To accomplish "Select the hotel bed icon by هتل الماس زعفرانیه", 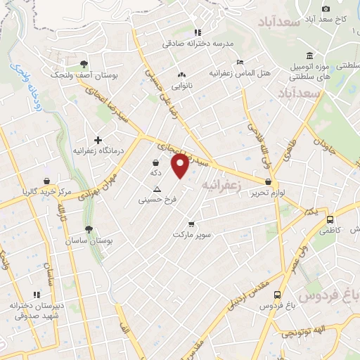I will pos(240,62).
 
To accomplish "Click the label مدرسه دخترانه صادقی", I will pos(187,43).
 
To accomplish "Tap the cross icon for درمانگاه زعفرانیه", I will pos(98,139).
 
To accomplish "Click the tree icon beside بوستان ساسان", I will pos(89,229).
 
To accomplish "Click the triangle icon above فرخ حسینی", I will pos(157,189).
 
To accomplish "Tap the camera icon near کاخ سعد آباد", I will pos(326,8).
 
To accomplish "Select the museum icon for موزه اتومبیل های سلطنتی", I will pos(309,56).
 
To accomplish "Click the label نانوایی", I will pos(183,85).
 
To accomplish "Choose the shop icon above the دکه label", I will pos(155,162).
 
